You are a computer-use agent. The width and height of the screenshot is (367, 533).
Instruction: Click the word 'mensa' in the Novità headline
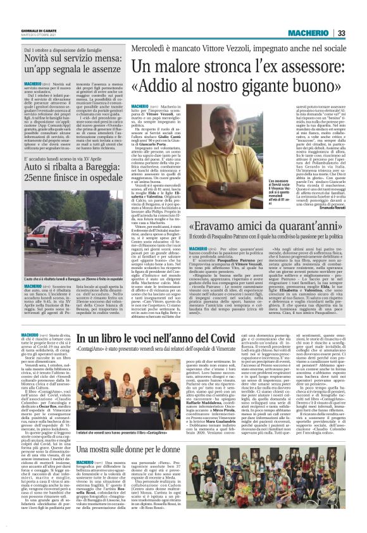[x=92, y=58]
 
